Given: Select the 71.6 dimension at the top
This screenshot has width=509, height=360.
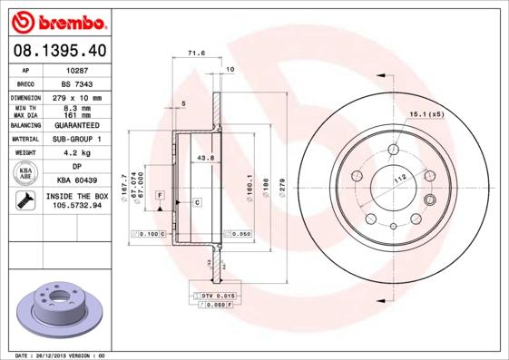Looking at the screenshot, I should (193, 54).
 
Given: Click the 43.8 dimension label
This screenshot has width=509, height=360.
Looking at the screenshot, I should (205, 158).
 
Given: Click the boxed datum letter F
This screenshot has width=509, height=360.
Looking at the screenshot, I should (160, 195).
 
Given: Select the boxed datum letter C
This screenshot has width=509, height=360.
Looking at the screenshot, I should (196, 201).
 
